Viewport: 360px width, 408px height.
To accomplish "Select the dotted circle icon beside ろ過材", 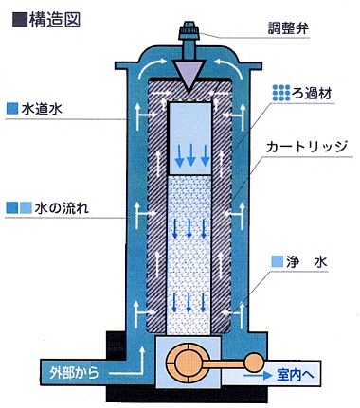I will (280, 93).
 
